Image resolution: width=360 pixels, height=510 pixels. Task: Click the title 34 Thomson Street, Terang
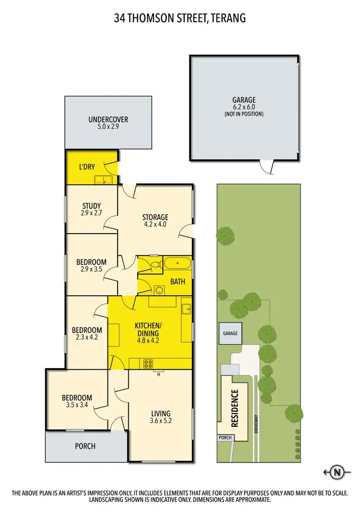180,19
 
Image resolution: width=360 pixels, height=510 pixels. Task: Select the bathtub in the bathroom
178,263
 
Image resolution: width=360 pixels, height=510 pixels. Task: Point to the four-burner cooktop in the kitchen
147,364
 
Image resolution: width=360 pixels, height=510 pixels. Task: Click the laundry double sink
103,180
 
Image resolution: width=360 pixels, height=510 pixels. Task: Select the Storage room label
155,217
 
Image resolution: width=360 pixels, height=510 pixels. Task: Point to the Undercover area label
108,120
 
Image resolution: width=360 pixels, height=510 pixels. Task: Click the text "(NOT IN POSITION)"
244,114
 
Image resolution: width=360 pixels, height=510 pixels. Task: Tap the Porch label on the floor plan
85,446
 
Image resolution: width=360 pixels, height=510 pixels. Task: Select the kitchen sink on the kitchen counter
186,308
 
